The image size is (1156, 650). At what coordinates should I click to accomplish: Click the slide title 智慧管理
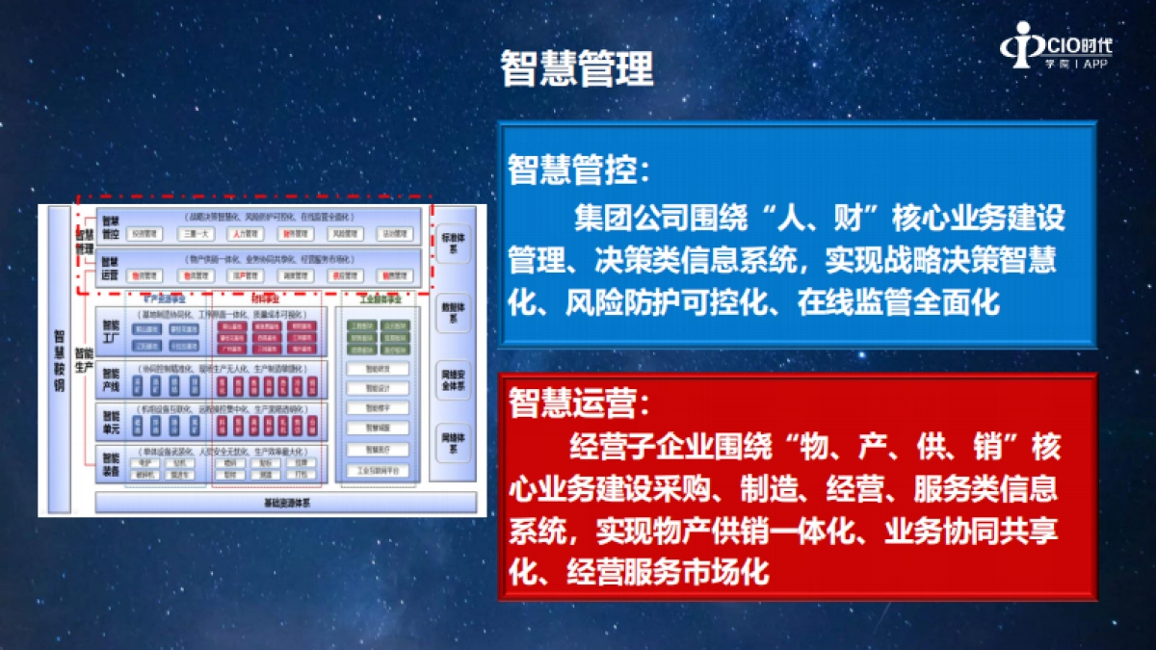[x=577, y=69]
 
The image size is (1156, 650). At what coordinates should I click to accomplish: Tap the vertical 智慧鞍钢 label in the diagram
[x=59, y=359]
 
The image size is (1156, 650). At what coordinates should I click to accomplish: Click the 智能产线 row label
[x=111, y=379]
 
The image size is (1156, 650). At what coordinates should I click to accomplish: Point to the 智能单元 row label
[x=111, y=421]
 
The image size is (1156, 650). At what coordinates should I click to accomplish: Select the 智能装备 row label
[x=111, y=465]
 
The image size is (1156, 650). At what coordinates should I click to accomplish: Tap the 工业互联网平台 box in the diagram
[x=378, y=471]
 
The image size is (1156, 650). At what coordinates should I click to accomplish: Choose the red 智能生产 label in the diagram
[x=85, y=359]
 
